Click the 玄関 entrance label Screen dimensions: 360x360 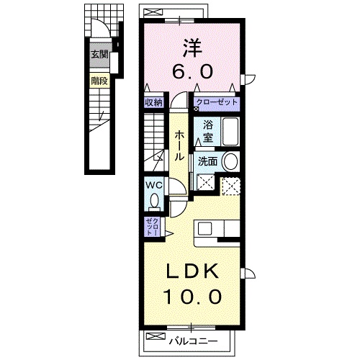tap(99, 54)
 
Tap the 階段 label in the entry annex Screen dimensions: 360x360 tap(99, 81)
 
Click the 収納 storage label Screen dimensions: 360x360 tap(153, 103)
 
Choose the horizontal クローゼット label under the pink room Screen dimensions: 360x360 tap(217, 103)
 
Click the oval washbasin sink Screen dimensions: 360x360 tap(230, 161)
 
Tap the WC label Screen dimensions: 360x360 tap(153, 185)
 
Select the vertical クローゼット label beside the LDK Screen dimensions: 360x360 tap(152, 227)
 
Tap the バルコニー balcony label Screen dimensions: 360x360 tap(193, 336)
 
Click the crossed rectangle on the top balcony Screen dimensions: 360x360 tap(153, 10)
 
